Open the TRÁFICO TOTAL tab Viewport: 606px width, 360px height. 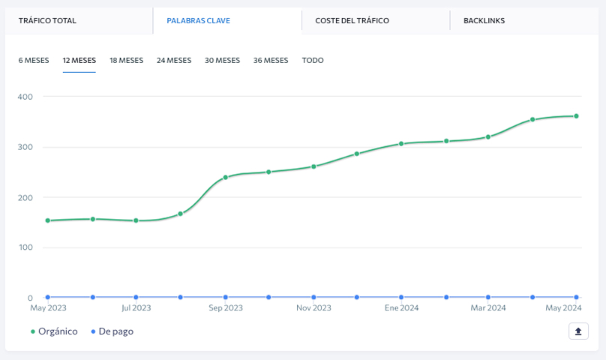[x=47, y=21]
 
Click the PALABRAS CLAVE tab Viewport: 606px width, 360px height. [x=198, y=21]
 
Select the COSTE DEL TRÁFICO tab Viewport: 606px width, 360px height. [x=352, y=21]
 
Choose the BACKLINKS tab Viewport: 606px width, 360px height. [x=484, y=21]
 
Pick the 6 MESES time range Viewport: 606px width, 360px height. [x=34, y=60]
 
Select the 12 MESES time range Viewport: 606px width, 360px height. [x=79, y=60]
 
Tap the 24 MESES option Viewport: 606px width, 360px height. [x=174, y=60]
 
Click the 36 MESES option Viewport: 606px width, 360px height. [x=271, y=60]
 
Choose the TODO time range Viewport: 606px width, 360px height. [x=313, y=60]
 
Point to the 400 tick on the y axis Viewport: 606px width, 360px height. [x=25, y=97]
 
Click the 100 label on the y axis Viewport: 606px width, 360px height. [x=25, y=247]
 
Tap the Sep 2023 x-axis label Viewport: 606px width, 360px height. [x=226, y=307]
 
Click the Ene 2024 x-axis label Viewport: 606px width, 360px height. [x=401, y=307]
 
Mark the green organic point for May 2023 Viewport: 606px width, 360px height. [x=48, y=220]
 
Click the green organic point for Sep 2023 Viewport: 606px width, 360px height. [x=226, y=178]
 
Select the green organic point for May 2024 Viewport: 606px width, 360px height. [x=576, y=116]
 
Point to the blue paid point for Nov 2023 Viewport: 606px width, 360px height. [x=313, y=297]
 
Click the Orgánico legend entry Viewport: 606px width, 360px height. [x=54, y=331]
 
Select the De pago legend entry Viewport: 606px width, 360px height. [x=112, y=331]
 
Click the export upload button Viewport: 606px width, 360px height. [x=578, y=331]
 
